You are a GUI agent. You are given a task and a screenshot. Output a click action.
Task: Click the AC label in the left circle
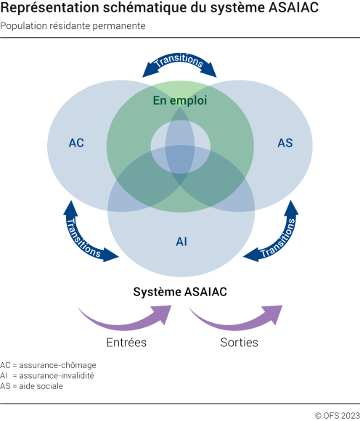[76, 142]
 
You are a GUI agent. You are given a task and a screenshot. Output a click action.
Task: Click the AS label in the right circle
[285, 142]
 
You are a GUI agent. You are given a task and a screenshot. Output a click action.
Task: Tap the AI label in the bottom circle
[181, 241]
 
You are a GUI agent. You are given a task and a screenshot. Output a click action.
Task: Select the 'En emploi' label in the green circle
[180, 101]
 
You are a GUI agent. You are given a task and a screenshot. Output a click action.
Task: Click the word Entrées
[126, 342]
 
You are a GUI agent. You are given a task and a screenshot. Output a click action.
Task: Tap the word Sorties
[239, 342]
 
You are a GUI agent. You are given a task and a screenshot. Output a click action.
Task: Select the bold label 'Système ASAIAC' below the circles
[180, 292]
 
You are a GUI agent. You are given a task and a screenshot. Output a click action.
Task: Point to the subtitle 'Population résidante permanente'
[73, 26]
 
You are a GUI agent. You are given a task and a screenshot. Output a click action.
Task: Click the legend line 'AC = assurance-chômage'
[49, 364]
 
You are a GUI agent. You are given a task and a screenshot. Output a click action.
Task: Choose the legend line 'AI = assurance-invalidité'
[49, 375]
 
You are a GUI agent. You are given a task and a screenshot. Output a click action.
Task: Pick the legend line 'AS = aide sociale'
[32, 386]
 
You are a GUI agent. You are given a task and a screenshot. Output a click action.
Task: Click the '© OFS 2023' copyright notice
[336, 415]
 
